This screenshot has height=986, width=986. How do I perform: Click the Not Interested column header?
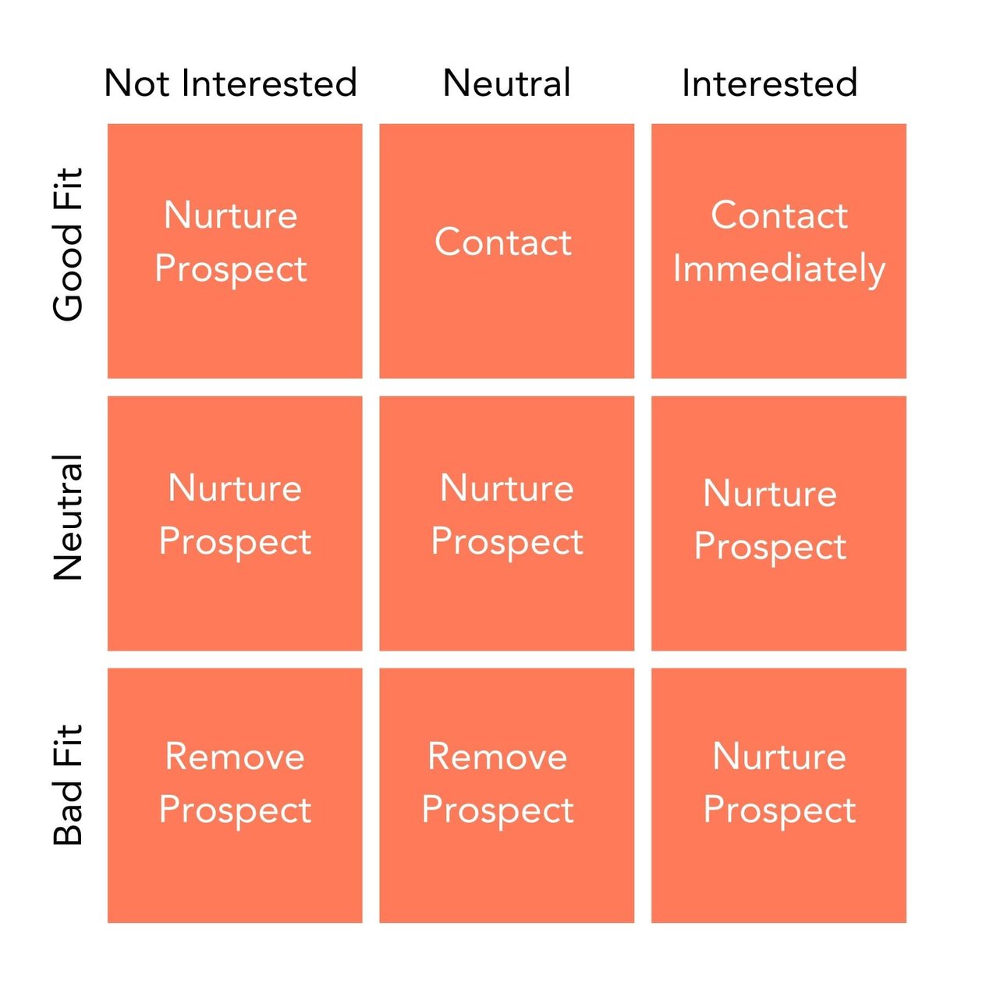pyautogui.click(x=231, y=83)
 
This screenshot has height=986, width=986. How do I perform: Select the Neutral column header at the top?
pyautogui.click(x=507, y=83)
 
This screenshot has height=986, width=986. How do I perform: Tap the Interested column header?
pyautogui.click(x=769, y=83)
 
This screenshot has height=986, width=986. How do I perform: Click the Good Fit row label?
pyautogui.click(x=68, y=243)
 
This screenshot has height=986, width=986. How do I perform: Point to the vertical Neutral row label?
pyautogui.click(x=68, y=517)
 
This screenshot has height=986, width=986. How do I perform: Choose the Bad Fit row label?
pyautogui.click(x=68, y=785)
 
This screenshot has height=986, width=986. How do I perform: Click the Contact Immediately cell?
pyautogui.click(x=779, y=250)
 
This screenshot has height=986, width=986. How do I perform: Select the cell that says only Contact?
pyautogui.click(x=506, y=250)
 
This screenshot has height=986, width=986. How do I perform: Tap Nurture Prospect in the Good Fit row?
pyautogui.click(x=234, y=250)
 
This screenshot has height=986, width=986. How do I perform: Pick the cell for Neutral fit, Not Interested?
pyautogui.click(x=234, y=523)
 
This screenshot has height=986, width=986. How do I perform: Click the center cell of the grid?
pyautogui.click(x=506, y=523)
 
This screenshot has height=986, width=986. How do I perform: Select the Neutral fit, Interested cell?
pyautogui.click(x=779, y=523)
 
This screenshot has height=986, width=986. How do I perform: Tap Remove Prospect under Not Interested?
pyautogui.click(x=234, y=795)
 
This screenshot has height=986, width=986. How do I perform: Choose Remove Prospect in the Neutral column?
pyautogui.click(x=506, y=795)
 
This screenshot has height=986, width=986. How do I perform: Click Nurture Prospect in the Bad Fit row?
pyautogui.click(x=779, y=795)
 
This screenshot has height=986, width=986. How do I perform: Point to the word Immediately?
pyautogui.click(x=779, y=270)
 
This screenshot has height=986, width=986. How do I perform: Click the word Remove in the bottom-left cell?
pyautogui.click(x=235, y=757)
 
